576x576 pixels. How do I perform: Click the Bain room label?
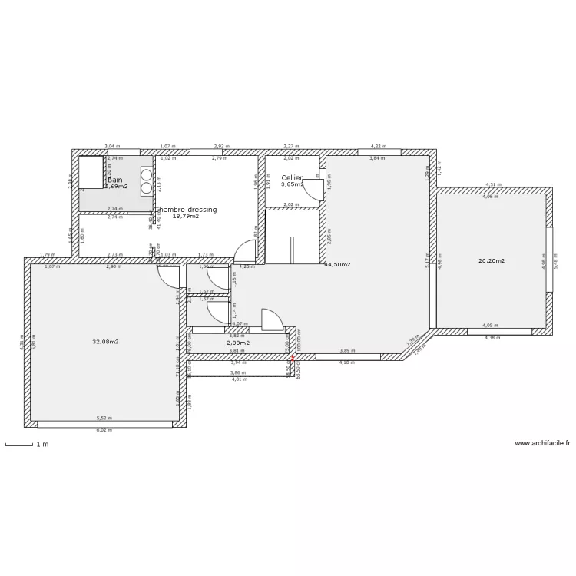(115, 180)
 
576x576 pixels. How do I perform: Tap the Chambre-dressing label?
(187, 210)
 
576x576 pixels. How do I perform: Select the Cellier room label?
(292, 177)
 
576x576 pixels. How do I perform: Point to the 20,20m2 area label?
(492, 261)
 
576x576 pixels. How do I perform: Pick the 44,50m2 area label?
(338, 264)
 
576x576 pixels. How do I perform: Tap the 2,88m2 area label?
(238, 343)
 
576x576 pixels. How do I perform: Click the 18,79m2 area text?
(186, 217)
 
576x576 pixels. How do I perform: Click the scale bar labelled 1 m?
(19, 444)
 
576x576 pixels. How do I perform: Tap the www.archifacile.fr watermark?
(542, 443)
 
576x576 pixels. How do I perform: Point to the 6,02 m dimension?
(103, 431)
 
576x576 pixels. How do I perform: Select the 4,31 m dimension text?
(493, 184)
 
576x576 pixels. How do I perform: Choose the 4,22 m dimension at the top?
(379, 146)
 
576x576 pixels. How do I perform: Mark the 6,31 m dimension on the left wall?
(22, 340)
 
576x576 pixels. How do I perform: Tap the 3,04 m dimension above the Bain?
(111, 146)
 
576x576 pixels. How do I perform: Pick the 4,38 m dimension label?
(492, 338)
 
